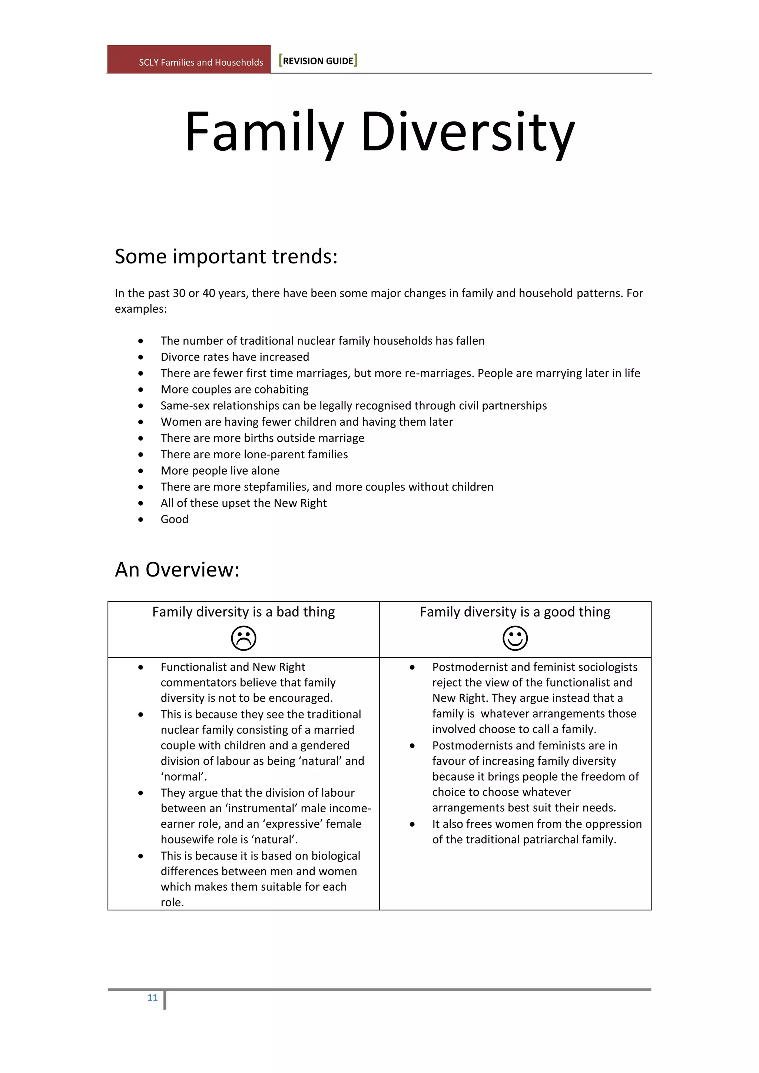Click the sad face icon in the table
coord(243,638)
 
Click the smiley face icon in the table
coord(515,638)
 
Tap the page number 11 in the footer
coord(152,997)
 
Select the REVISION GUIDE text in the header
coord(318,61)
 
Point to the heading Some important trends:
coord(226,256)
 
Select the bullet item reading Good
coord(174,519)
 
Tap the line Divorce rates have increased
coord(235,357)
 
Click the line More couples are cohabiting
coord(234,389)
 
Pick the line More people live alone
coord(220,471)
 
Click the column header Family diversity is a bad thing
coord(243,612)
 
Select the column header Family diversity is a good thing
coord(515,612)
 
